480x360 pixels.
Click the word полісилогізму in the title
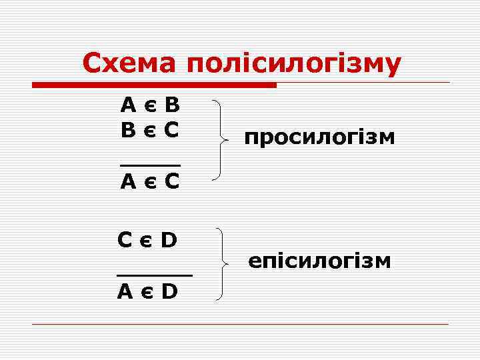click(294, 64)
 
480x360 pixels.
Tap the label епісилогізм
click(319, 260)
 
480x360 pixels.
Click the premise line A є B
click(150, 105)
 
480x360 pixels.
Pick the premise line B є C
click(150, 128)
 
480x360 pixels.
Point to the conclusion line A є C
click(150, 181)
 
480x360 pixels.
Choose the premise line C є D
click(147, 239)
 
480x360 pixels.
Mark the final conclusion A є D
click(147, 291)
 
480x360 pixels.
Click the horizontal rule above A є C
click(150, 163)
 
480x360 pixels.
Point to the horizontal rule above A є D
click(154, 274)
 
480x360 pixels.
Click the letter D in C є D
click(169, 239)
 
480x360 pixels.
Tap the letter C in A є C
click(171, 181)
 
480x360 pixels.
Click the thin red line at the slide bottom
click(240, 324)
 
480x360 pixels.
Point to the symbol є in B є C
click(150, 129)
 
